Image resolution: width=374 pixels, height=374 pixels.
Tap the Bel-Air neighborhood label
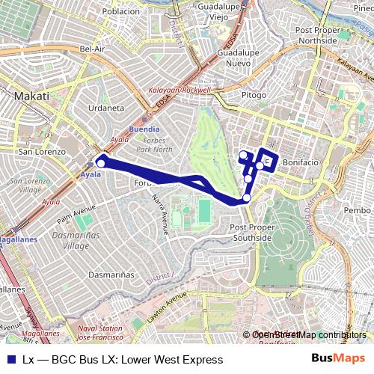[x=91, y=49]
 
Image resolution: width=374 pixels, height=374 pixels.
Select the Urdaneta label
[x=106, y=108]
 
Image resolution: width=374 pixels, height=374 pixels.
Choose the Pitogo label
[x=254, y=95]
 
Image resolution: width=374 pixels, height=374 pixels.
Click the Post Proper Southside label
[x=251, y=232]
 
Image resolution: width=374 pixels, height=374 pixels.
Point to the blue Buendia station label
[x=144, y=129]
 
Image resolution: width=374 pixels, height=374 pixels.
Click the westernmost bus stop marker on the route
[x=101, y=163]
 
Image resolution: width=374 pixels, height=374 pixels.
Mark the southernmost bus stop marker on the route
[x=247, y=197]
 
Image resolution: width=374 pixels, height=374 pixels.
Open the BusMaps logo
[x=339, y=359]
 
